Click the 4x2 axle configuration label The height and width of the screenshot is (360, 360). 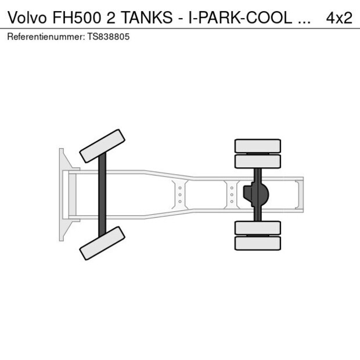[x=339, y=17]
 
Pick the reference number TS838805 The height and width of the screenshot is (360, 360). [x=109, y=37]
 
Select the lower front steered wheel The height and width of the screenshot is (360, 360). [x=102, y=243]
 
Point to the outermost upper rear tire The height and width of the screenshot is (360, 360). [x=257, y=146]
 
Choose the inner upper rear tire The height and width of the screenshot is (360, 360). [x=257, y=161]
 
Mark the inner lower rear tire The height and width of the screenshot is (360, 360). [x=257, y=228]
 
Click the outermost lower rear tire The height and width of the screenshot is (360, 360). [x=257, y=243]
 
